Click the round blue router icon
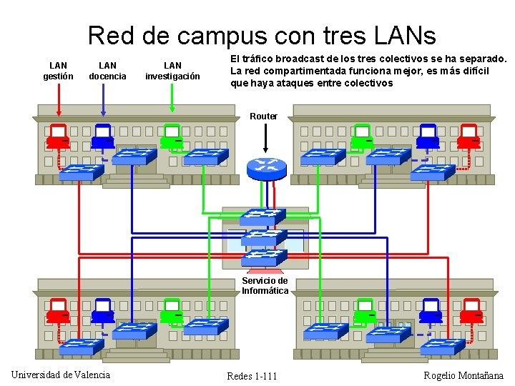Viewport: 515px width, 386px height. click(x=266, y=167)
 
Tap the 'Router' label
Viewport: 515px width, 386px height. click(x=264, y=116)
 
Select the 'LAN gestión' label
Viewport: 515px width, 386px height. click(x=58, y=71)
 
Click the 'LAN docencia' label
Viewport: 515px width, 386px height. click(x=107, y=71)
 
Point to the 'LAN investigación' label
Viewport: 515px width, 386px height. click(x=172, y=71)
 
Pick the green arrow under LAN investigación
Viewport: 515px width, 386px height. click(x=172, y=96)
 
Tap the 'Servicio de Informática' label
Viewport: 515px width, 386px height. click(x=265, y=286)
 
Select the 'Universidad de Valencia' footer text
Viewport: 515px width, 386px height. click(x=61, y=375)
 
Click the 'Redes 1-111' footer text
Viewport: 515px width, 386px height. click(x=252, y=376)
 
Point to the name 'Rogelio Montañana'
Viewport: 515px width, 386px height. click(x=463, y=376)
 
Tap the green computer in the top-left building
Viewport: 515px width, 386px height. click(x=171, y=136)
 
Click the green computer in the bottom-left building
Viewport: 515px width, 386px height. click(x=172, y=314)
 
